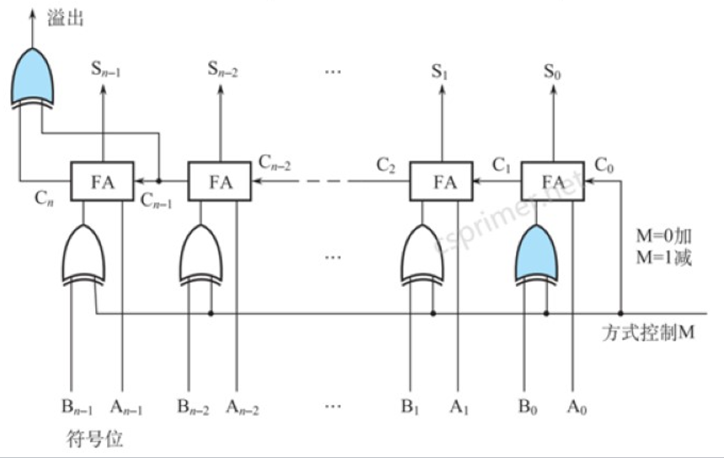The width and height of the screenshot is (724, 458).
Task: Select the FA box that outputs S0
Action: point(553,181)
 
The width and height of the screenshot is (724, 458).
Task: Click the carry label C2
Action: point(387,164)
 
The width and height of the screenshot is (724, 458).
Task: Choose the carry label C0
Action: point(604,164)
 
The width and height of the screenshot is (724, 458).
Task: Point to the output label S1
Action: point(439,71)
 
